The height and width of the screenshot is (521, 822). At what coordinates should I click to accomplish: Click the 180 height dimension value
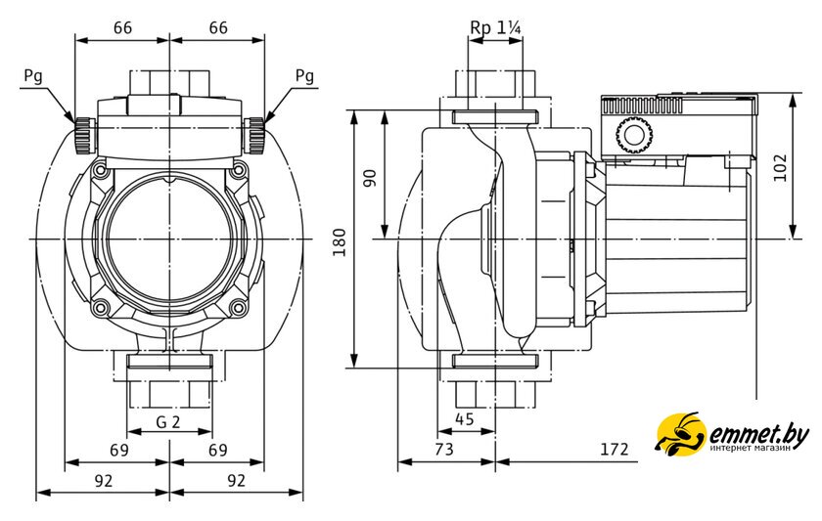point(339,240)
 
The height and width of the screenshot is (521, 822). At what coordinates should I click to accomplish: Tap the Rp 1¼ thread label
point(495,27)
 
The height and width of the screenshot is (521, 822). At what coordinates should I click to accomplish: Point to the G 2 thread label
point(169,422)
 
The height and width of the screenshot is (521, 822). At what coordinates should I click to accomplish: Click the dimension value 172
point(613,451)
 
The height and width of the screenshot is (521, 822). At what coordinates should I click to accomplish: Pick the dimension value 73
point(444,451)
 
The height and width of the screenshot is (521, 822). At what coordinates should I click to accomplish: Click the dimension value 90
point(370,177)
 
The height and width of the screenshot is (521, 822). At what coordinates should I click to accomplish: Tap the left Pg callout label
point(32,75)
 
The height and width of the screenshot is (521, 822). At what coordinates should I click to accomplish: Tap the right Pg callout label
point(304,75)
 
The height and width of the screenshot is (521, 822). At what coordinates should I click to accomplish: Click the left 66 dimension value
point(122,28)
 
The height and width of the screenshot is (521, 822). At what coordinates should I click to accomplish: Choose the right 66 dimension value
point(217,28)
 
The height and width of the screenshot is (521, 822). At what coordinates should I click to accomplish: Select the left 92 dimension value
point(103,480)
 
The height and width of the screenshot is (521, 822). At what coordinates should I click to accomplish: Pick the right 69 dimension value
point(217,451)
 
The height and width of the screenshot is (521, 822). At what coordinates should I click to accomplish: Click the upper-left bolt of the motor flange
point(100,169)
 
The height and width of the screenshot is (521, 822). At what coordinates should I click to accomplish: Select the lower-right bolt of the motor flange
point(238,310)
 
